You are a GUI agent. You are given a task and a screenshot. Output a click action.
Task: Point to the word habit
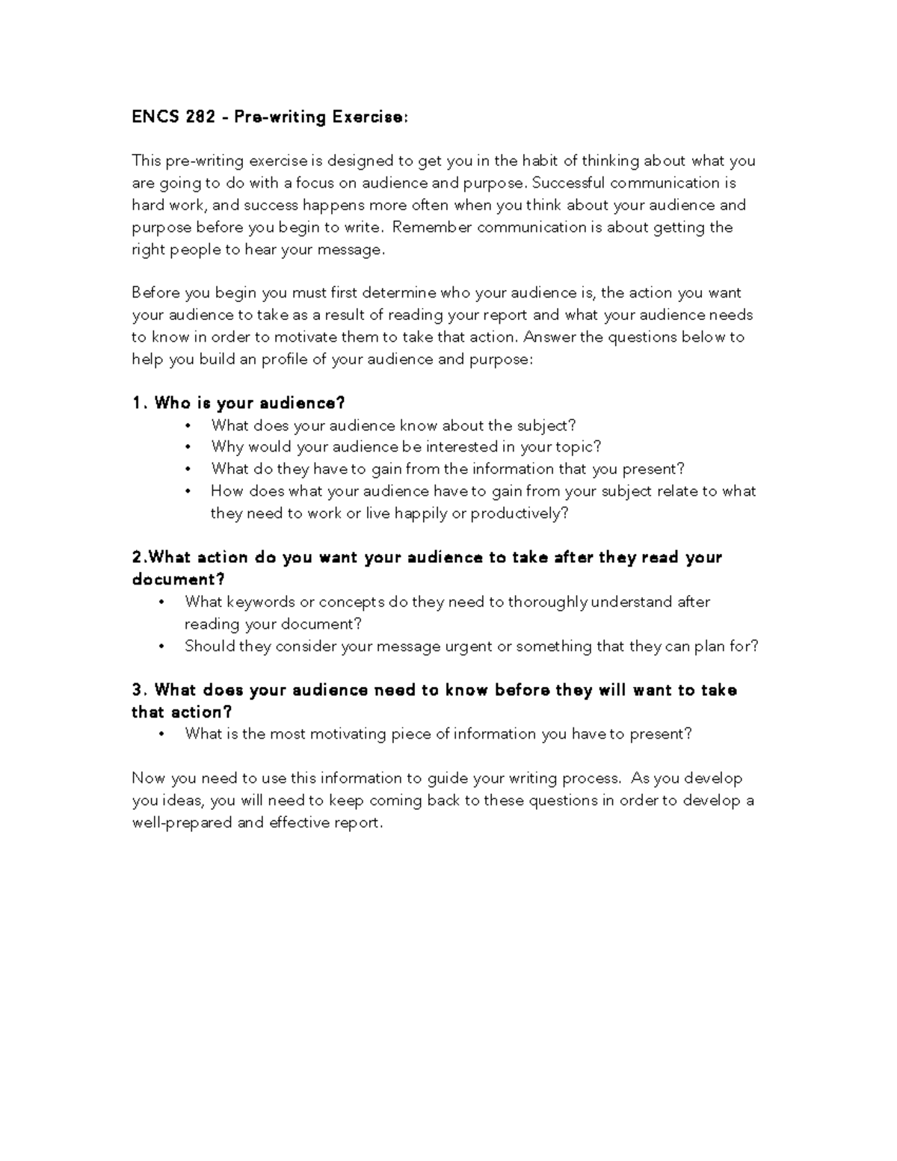tap(540, 161)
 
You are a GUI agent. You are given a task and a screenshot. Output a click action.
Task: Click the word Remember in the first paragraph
tap(431, 227)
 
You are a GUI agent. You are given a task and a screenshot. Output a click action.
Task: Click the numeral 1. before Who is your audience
tap(138, 404)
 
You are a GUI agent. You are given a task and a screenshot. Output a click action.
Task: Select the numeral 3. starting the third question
tap(138, 690)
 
